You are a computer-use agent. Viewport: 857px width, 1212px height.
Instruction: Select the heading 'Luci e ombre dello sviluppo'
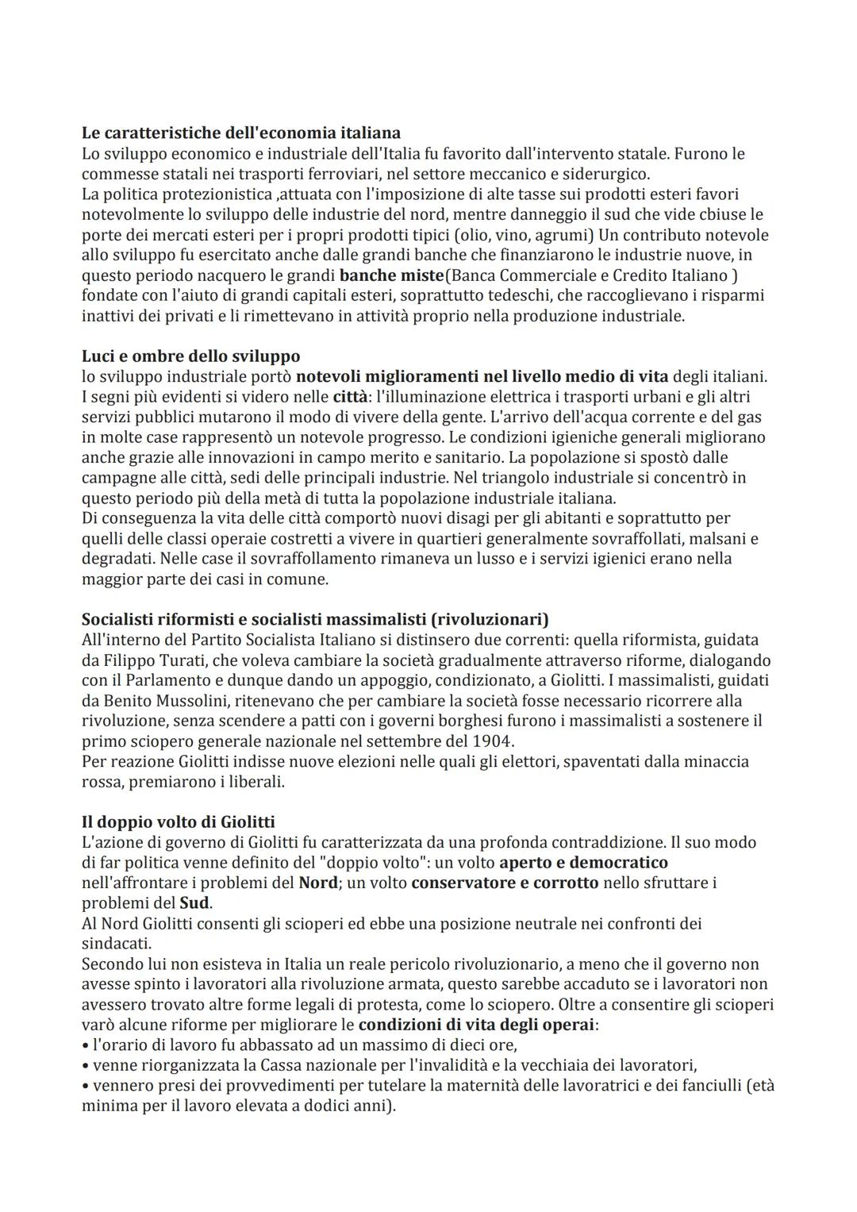pyautogui.click(x=190, y=356)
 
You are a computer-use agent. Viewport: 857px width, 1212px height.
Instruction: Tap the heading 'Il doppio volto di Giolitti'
pyautogui.click(x=178, y=821)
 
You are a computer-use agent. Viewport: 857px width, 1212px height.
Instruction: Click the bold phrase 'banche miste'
pyautogui.click(x=391, y=275)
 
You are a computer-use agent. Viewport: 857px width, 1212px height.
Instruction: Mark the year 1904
pyautogui.click(x=494, y=741)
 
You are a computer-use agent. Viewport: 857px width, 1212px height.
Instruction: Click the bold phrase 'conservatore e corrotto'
pyautogui.click(x=505, y=883)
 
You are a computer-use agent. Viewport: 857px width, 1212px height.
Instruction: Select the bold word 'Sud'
pyautogui.click(x=194, y=903)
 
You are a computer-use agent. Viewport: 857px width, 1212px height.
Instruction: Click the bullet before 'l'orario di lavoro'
pyautogui.click(x=86, y=1045)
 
